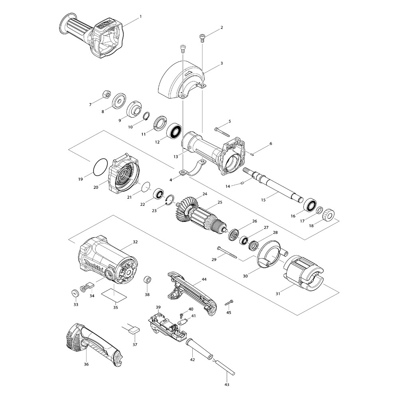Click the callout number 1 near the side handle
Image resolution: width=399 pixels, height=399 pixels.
(140, 16)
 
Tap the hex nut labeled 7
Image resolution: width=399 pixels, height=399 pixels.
(107, 94)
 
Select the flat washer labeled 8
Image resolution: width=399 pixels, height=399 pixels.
(119, 101)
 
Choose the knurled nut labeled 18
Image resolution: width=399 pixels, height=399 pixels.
(328, 215)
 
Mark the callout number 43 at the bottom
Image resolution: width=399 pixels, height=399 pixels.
(227, 385)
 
